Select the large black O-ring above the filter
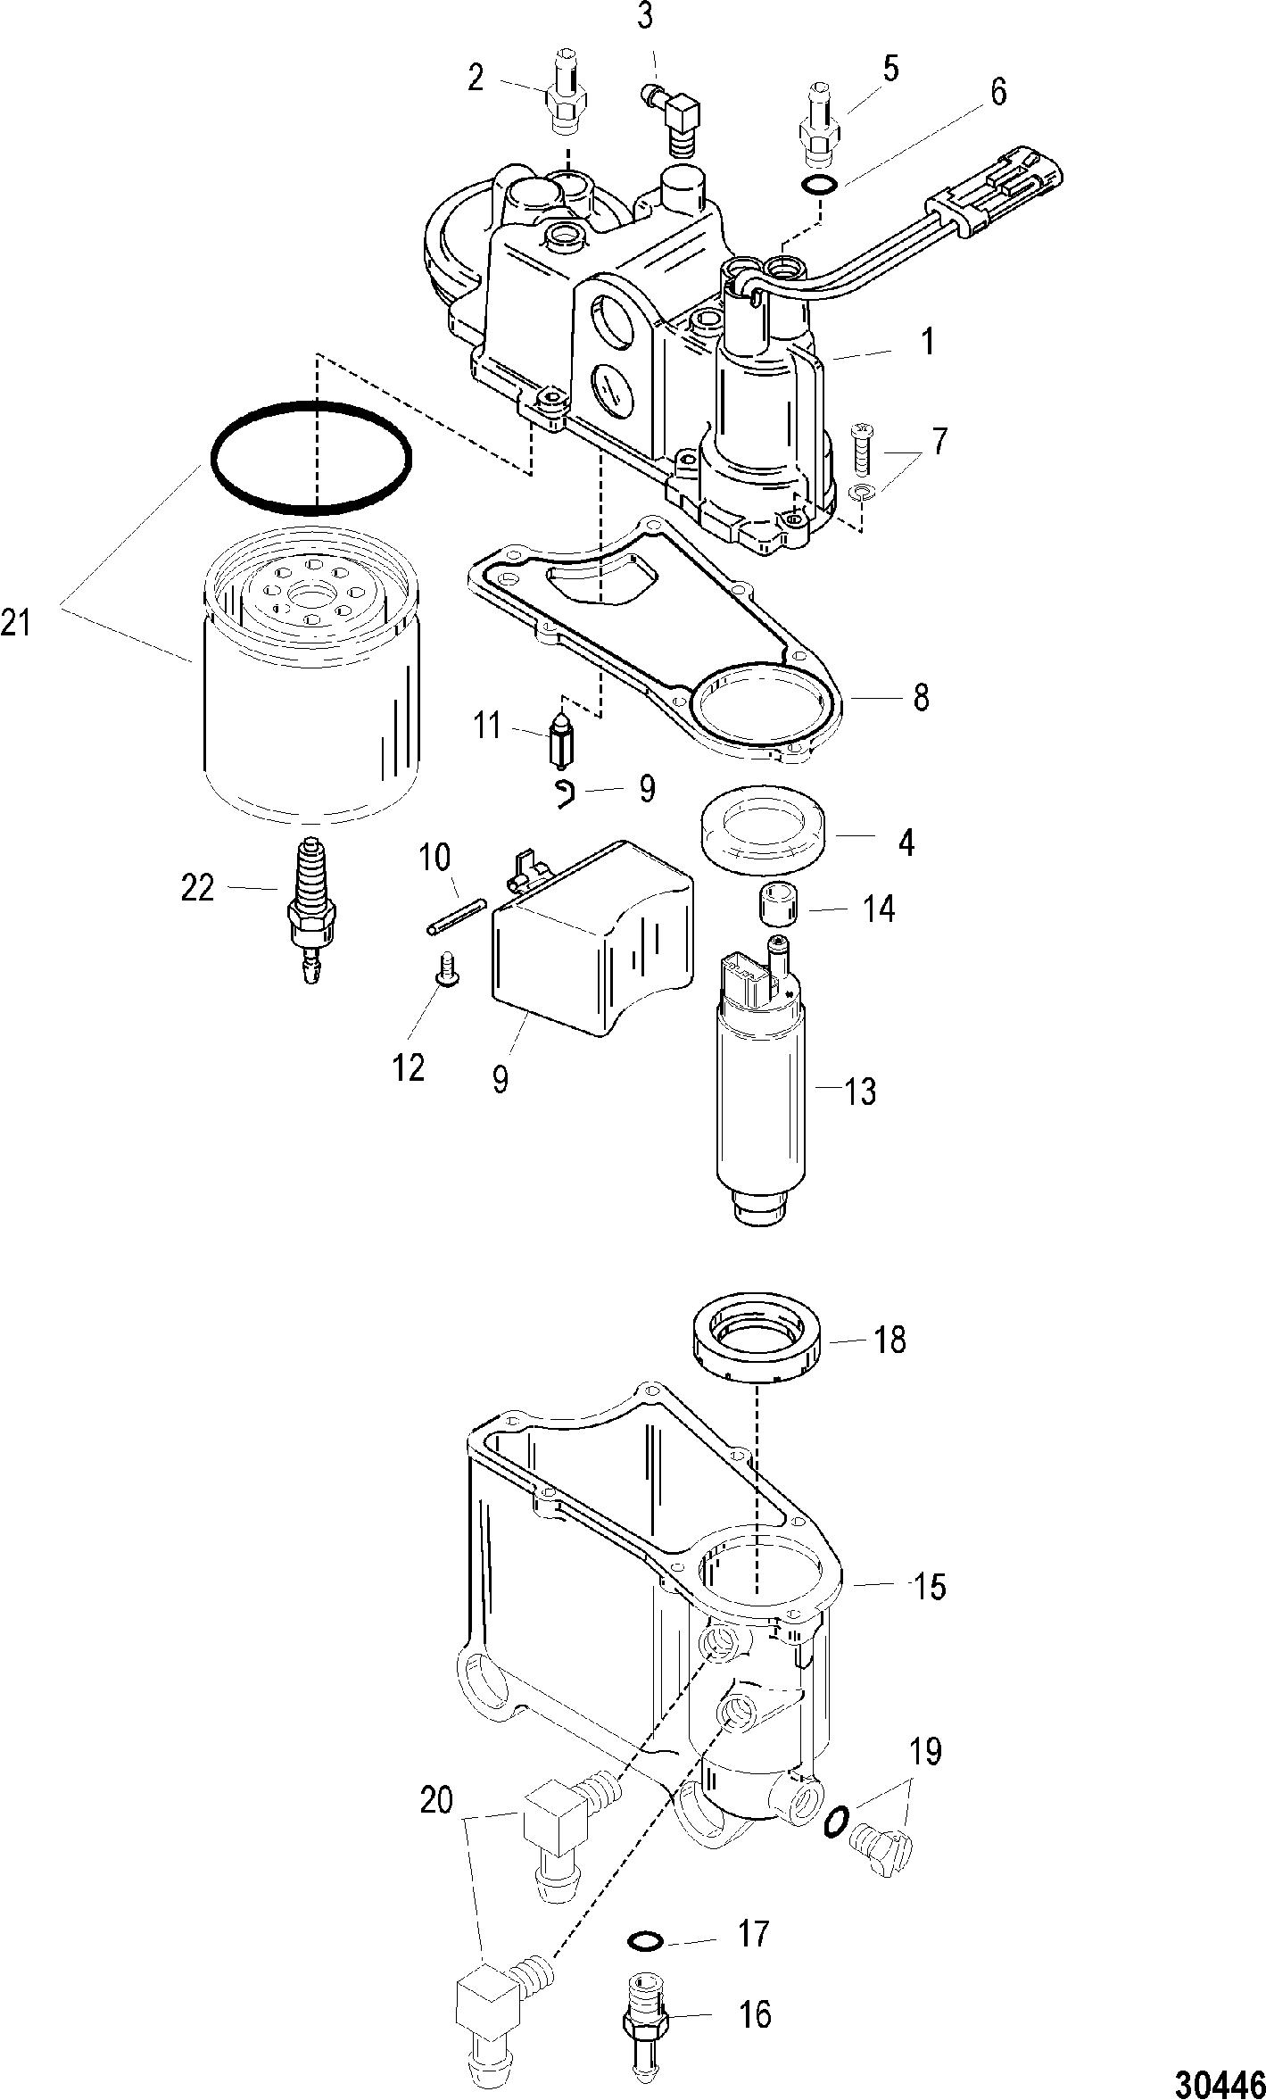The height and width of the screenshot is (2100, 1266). point(311,458)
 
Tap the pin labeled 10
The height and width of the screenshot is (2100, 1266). point(454,917)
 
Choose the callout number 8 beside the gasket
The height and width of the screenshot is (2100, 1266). point(921,696)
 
